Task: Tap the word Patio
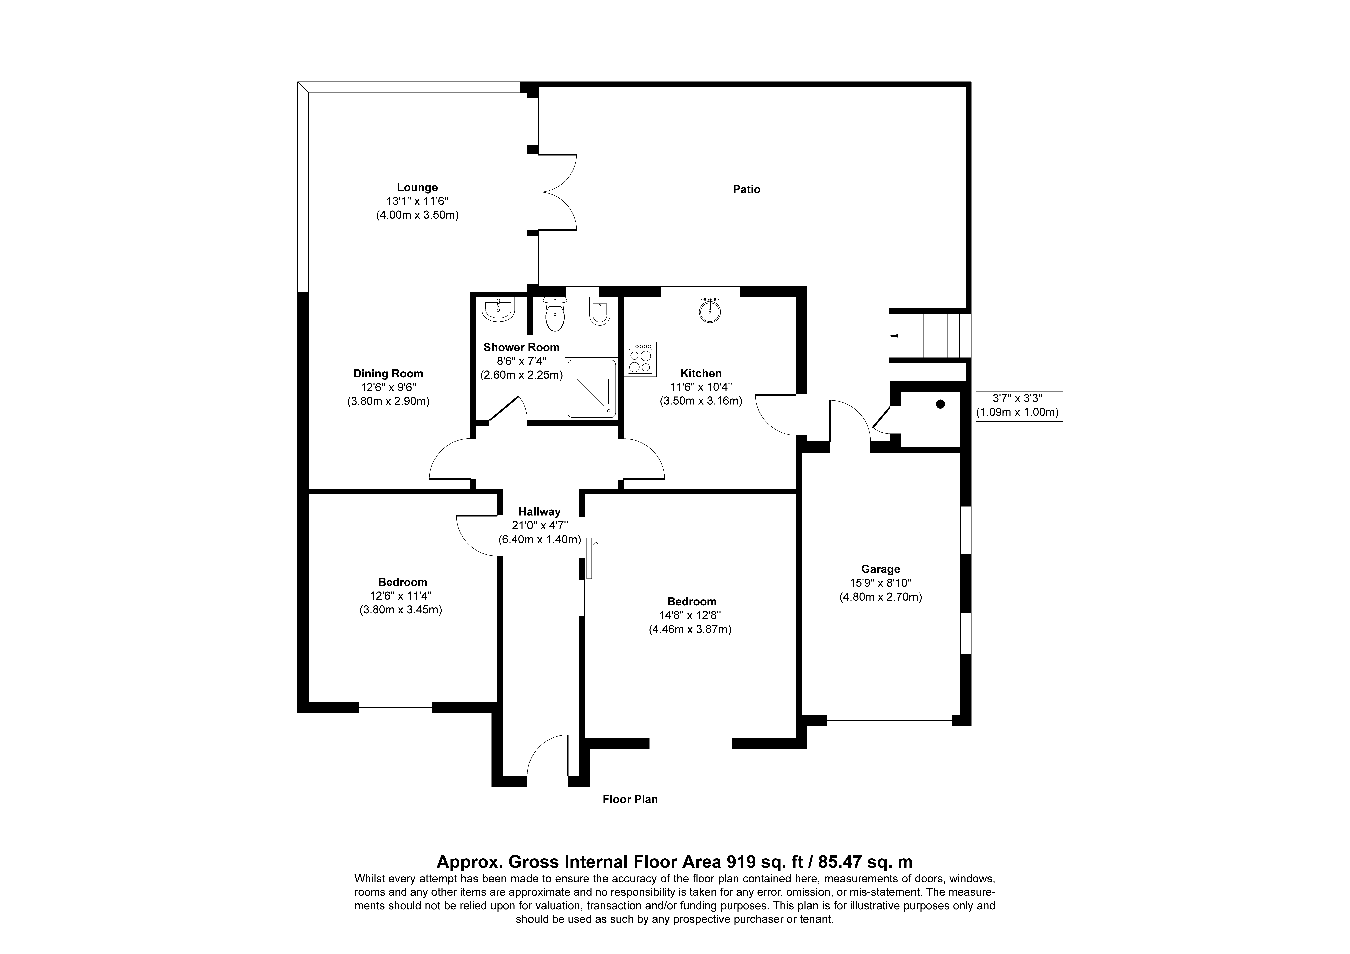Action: [746, 189]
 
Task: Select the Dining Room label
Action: [388, 374]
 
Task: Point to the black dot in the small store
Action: [940, 404]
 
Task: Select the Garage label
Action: [880, 569]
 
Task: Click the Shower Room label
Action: [521, 347]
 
